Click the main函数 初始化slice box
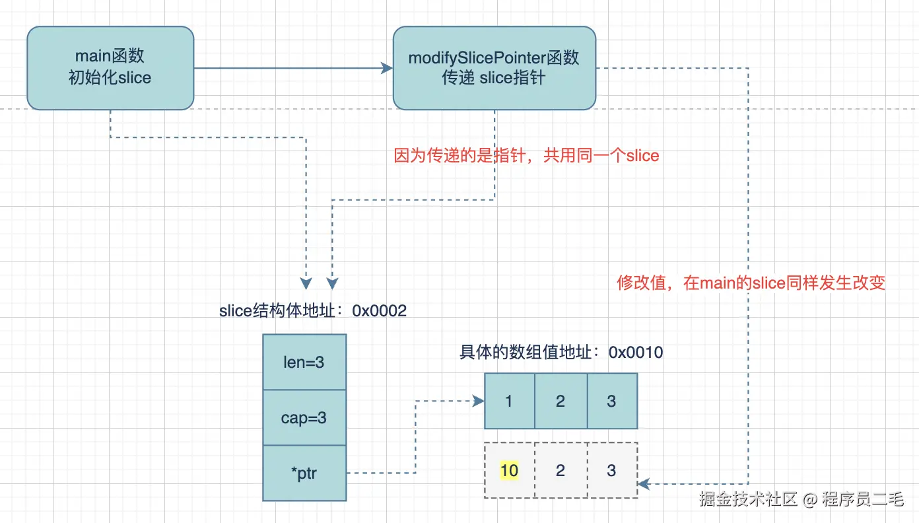pyautogui.click(x=110, y=68)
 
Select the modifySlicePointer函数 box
pyautogui.click(x=494, y=68)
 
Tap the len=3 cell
pyautogui.click(x=304, y=362)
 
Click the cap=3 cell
pyautogui.click(x=304, y=418)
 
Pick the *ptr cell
pyautogui.click(x=304, y=473)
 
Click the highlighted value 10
pyautogui.click(x=509, y=470)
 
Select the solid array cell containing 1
pyautogui.click(x=509, y=401)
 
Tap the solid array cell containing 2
pyautogui.click(x=561, y=401)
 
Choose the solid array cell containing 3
pyautogui.click(x=611, y=401)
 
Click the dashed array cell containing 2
pyautogui.click(x=561, y=470)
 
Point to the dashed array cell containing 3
pyautogui.click(x=611, y=470)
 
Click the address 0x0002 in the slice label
pyautogui.click(x=380, y=310)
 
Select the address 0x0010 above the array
pyautogui.click(x=636, y=352)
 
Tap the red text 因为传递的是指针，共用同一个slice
pyautogui.click(x=526, y=156)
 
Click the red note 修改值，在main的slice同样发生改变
pyautogui.click(x=751, y=283)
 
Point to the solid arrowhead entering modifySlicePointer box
pyautogui.click(x=387, y=68)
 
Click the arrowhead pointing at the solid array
pyautogui.click(x=478, y=401)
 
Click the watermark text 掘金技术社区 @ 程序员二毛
pyautogui.click(x=801, y=499)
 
